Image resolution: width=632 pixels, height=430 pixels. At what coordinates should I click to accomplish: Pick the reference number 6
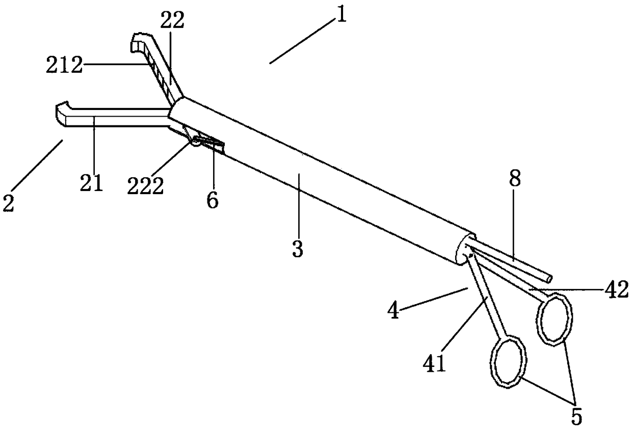(213, 200)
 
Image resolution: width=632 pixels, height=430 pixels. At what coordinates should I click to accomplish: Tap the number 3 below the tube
(298, 249)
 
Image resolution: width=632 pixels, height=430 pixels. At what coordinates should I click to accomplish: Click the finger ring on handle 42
(554, 319)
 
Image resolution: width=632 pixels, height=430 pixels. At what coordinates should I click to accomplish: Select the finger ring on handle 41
(508, 361)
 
